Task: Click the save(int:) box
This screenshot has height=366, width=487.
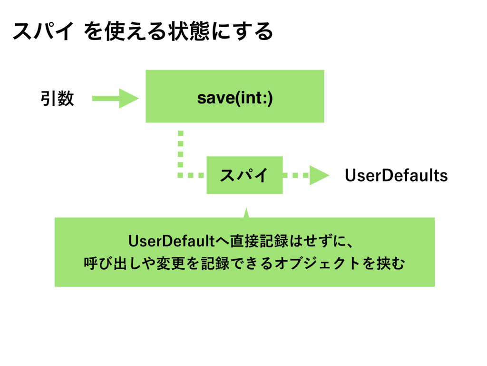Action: click(x=235, y=96)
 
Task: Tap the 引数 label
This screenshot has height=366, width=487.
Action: click(x=58, y=98)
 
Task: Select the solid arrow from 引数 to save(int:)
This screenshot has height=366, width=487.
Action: click(x=116, y=98)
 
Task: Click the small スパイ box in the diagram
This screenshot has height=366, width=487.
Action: click(x=245, y=175)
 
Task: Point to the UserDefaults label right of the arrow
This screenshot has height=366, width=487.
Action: click(x=396, y=175)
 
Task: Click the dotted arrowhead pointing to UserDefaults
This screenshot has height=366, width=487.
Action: click(x=319, y=175)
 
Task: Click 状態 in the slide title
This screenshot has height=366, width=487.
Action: click(x=190, y=31)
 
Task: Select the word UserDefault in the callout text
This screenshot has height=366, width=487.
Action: click(x=171, y=241)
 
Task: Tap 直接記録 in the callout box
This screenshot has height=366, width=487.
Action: click(x=260, y=241)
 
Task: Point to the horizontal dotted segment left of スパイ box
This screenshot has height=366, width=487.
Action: click(x=191, y=175)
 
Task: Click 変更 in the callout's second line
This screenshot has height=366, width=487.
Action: click(x=171, y=263)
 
